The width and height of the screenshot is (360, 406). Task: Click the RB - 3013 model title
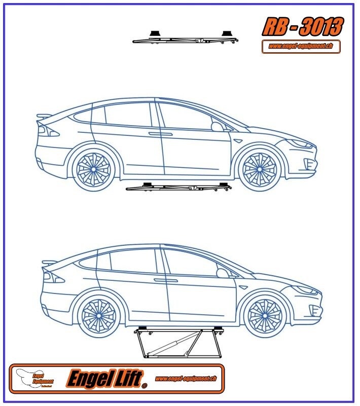coord(302,26)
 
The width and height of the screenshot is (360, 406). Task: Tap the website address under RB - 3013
coord(301,47)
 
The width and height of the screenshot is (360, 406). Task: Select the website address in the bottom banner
coord(186,378)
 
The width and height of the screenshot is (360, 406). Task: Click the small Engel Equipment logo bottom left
coord(35,378)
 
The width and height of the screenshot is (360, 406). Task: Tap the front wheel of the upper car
coord(260,168)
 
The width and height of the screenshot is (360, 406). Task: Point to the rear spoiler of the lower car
coord(50,263)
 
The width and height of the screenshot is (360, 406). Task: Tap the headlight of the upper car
coord(303,144)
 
